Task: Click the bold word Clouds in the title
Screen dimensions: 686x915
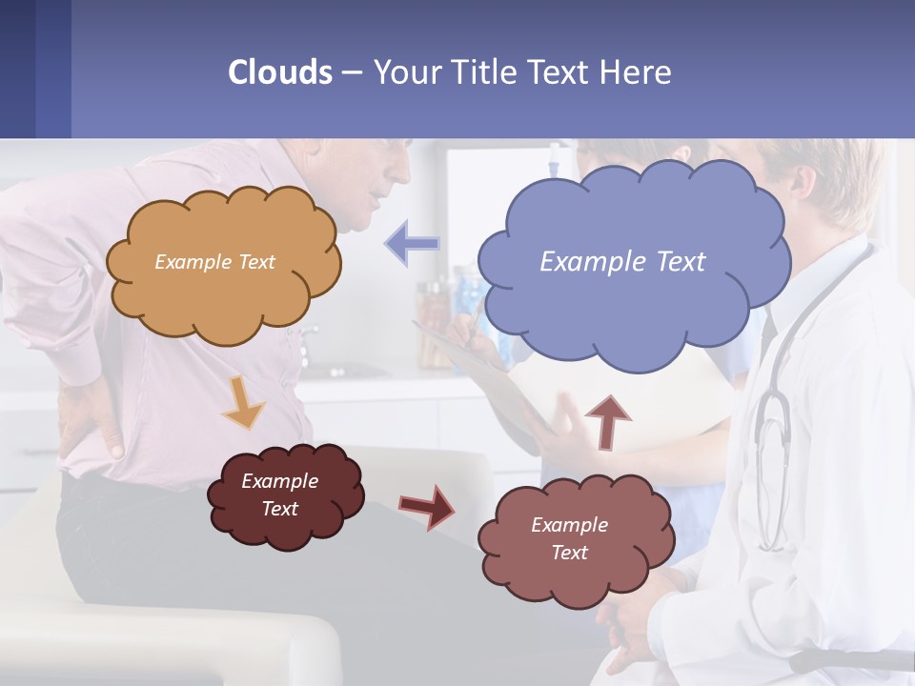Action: pos(280,72)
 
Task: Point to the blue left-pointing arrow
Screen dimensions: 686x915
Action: pos(413,244)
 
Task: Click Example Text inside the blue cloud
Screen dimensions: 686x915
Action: pos(622,261)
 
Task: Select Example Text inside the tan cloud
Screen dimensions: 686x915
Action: pos(214,261)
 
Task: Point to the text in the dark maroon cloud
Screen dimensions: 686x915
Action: pos(279,494)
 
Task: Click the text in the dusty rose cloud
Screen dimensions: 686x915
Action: pos(569,538)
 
